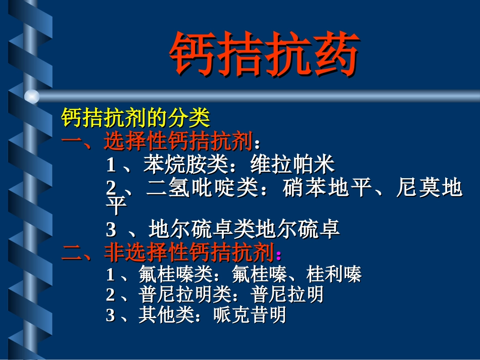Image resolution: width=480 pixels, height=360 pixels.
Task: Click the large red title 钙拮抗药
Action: point(264,55)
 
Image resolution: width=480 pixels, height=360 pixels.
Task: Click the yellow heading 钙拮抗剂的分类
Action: point(135,119)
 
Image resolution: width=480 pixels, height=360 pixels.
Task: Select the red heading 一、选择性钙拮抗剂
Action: point(157,142)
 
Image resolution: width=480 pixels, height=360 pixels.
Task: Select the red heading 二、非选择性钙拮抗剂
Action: point(168,252)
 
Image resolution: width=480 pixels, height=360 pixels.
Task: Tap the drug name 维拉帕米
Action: point(293,165)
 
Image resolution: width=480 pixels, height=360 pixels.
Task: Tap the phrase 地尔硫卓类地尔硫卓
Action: point(244,230)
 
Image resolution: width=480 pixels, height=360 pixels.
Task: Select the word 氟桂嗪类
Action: point(175,275)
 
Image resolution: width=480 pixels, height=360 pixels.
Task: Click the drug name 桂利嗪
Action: point(334,275)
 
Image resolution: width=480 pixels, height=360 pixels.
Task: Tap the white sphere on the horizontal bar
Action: point(32,96)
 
